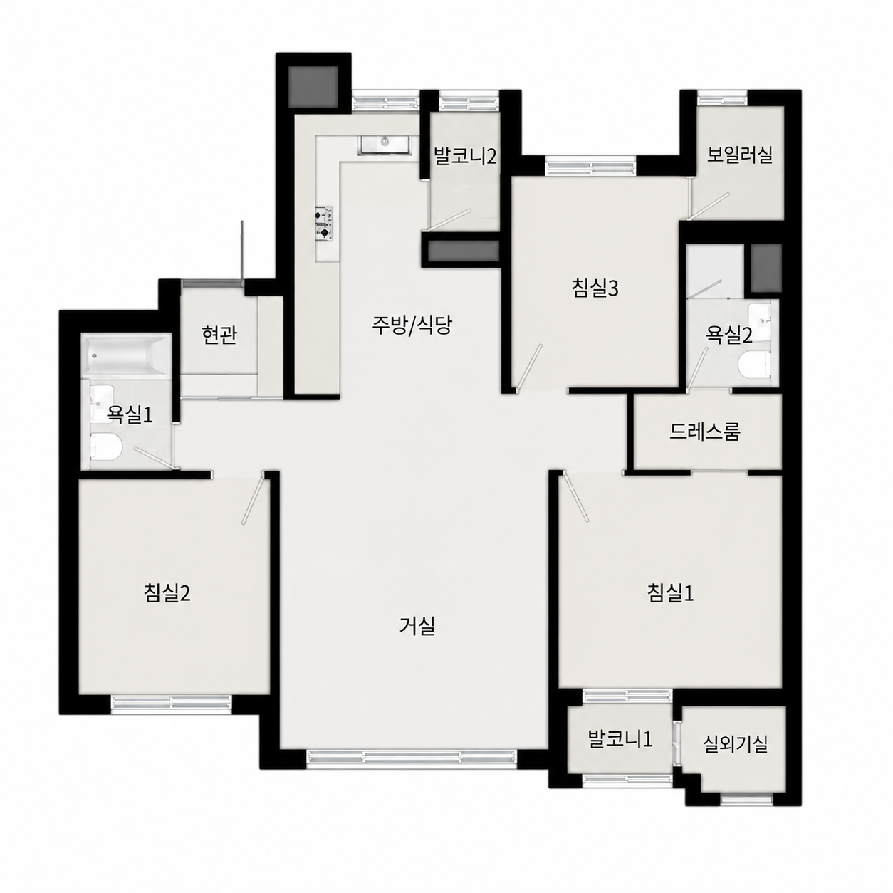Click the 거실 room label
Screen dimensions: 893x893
[x=417, y=627]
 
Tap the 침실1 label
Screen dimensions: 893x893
[x=670, y=592]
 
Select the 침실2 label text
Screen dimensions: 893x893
[x=167, y=592]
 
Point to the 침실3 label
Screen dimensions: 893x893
[x=595, y=288]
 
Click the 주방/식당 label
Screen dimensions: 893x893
[x=411, y=325]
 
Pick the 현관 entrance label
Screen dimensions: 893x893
[x=219, y=335]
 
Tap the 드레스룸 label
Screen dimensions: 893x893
[x=705, y=432]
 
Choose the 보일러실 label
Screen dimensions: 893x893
[x=740, y=155]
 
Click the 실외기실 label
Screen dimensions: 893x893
[x=736, y=744]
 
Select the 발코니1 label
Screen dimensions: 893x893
[x=620, y=739]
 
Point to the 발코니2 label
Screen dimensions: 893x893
[x=465, y=156]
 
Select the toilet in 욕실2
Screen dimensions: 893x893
[x=753, y=364]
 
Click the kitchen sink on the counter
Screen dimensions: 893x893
[x=384, y=145]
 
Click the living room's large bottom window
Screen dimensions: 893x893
[x=412, y=758]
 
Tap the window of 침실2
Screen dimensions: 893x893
[x=172, y=703]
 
